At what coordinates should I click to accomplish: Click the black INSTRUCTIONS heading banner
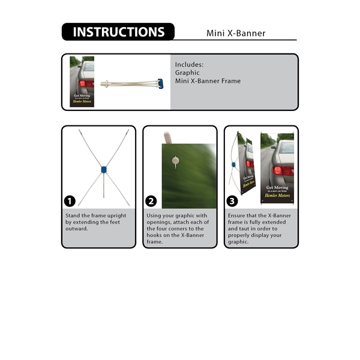click(x=118, y=32)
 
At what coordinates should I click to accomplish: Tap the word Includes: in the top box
click(x=190, y=64)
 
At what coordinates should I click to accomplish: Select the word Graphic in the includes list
click(x=187, y=73)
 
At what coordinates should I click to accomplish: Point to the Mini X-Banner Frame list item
click(x=208, y=81)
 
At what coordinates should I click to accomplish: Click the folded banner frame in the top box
click(x=133, y=83)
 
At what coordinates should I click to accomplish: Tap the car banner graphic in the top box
click(x=82, y=82)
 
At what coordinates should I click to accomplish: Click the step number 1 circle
click(x=70, y=201)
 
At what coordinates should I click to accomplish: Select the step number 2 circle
click(x=151, y=201)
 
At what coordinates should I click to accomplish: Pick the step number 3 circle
click(x=233, y=201)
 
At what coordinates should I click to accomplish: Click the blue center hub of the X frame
click(x=104, y=170)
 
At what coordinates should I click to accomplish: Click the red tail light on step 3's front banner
click(x=278, y=170)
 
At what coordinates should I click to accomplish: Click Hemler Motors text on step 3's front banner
click(x=277, y=196)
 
